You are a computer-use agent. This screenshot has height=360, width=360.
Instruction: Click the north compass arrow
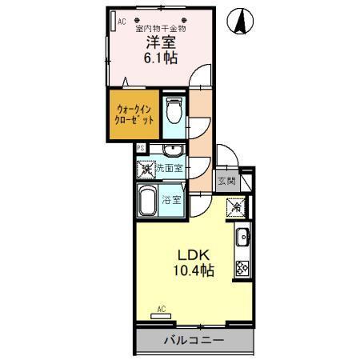click(239, 22)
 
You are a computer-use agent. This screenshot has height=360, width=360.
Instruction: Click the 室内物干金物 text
click(154, 27)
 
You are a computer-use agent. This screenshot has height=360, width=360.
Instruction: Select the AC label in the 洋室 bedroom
click(122, 22)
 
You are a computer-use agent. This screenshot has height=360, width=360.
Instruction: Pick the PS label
click(140, 148)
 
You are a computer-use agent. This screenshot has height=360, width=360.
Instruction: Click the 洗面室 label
click(170, 168)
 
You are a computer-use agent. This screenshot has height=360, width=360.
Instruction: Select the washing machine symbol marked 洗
click(147, 169)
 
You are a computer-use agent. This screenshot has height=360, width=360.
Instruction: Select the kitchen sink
click(242, 238)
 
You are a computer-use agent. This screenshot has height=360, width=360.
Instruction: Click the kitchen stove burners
click(242, 268)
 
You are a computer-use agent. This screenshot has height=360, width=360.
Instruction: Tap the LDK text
click(192, 255)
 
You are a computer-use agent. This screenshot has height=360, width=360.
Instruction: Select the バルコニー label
click(194, 340)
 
